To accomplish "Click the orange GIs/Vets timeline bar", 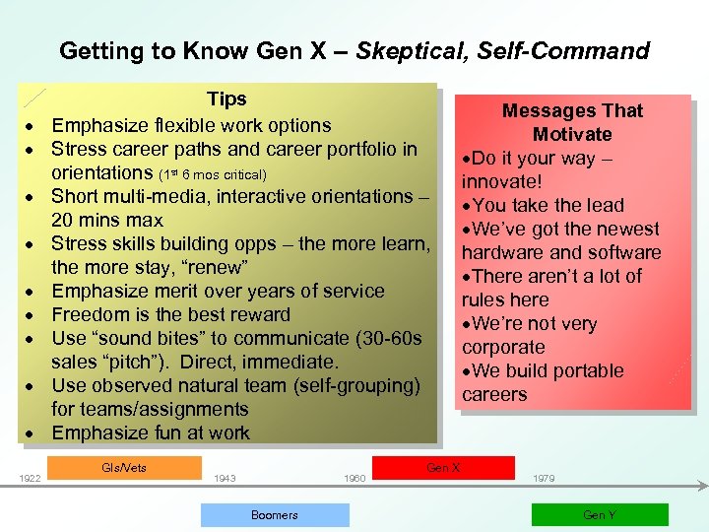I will [124, 467].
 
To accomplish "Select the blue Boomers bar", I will [275, 514].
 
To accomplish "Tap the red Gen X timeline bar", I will [443, 467].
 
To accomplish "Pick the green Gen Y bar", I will [600, 514].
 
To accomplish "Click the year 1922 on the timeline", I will [30, 479].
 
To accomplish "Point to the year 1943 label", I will [225, 479].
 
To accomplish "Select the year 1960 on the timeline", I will [354, 479].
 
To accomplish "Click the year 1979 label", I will [543, 479].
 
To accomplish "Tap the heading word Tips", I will [226, 100].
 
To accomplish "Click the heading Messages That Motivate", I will [572, 122].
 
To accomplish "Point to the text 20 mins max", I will [107, 221].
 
